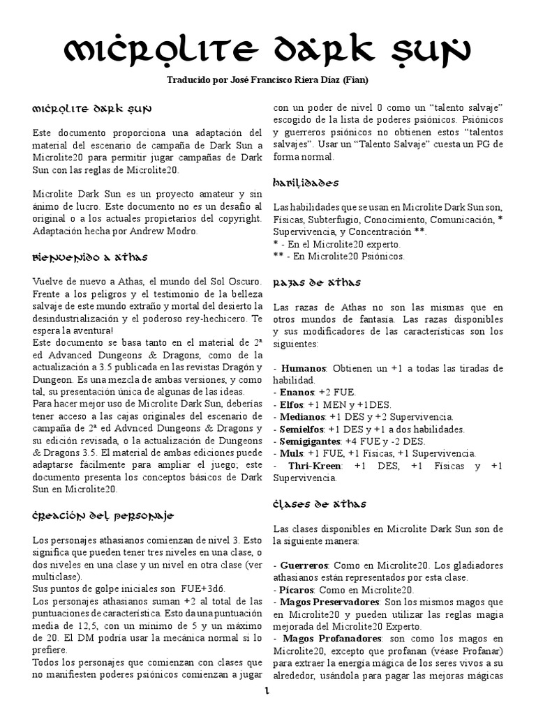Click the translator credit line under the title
coord(267,80)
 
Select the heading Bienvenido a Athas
coord(90,257)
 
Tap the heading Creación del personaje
coord(103,516)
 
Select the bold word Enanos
coord(297,393)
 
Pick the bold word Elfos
coord(292,405)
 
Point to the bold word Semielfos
coord(301,429)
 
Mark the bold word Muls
coord(290,453)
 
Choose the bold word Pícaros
coord(297,590)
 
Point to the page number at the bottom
coord(267,692)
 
